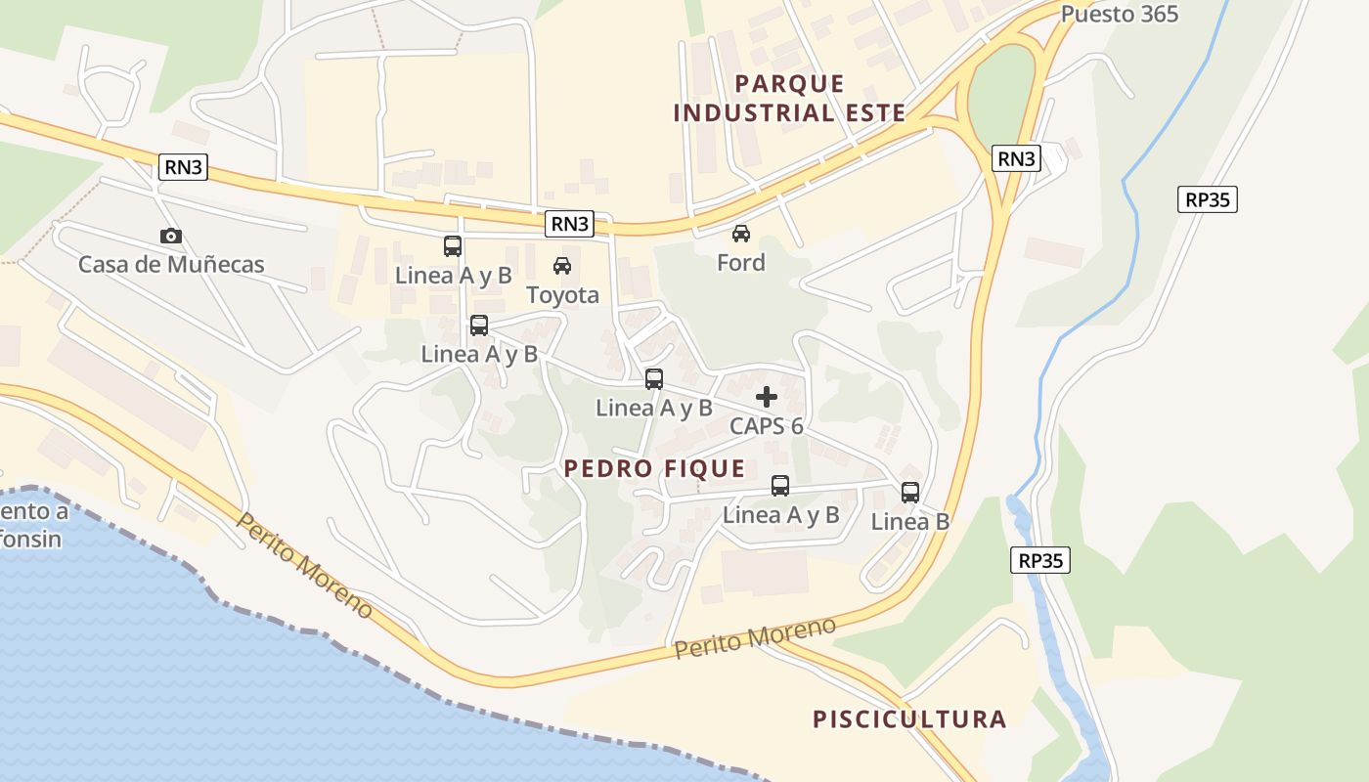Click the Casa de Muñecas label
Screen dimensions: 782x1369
(x=171, y=264)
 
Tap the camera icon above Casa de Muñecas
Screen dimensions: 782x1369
(x=171, y=236)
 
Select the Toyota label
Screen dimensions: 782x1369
(x=562, y=294)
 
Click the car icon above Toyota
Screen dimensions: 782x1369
(x=562, y=265)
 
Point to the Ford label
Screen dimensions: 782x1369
(x=741, y=262)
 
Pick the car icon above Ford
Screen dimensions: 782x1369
(x=741, y=234)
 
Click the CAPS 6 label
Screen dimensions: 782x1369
(x=767, y=426)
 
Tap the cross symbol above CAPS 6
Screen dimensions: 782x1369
(x=767, y=397)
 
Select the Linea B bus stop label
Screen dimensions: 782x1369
(x=910, y=521)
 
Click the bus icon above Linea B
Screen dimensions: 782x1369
(x=910, y=492)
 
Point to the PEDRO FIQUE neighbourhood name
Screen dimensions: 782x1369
(x=655, y=468)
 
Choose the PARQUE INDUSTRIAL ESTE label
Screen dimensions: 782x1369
(x=790, y=98)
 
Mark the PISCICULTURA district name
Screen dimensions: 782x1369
(x=909, y=719)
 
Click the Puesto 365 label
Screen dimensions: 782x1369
(x=1120, y=14)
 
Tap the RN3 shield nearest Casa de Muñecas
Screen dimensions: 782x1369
(x=184, y=167)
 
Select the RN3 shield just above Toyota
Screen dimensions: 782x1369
(x=570, y=224)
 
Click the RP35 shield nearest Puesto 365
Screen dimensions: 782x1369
(x=1208, y=199)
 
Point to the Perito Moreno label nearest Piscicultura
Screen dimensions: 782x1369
(x=755, y=637)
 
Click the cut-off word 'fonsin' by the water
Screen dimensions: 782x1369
(x=31, y=539)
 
